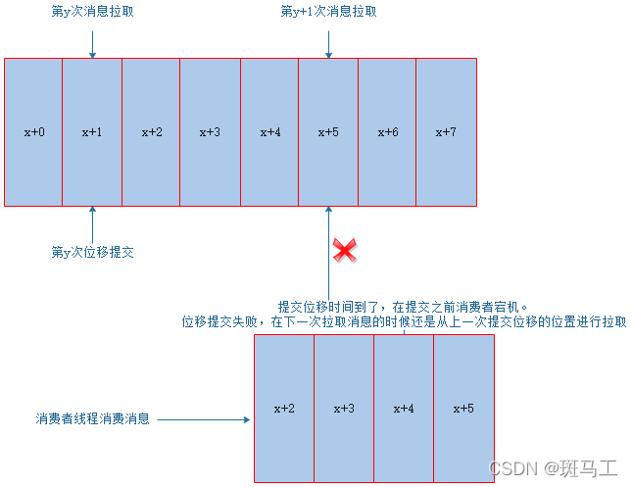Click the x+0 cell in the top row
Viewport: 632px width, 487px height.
(x=33, y=131)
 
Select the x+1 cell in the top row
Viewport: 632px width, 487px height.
(x=92, y=131)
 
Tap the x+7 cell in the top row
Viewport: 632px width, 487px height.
(x=446, y=131)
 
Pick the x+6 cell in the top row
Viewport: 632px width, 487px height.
(x=387, y=131)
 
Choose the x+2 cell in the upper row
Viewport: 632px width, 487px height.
(x=151, y=131)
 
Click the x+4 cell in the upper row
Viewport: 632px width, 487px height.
(x=269, y=131)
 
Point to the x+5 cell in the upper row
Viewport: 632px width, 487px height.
(x=328, y=131)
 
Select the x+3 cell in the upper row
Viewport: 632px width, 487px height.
(x=210, y=131)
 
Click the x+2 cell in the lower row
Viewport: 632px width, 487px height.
(x=284, y=408)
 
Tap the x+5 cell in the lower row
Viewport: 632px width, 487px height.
(x=463, y=408)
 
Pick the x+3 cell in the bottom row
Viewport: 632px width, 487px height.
(x=344, y=408)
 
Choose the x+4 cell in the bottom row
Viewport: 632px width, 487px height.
(x=404, y=408)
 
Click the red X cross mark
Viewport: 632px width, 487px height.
(x=344, y=250)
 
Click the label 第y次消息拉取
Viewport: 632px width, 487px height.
(x=92, y=12)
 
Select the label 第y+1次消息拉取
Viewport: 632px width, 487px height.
(x=328, y=12)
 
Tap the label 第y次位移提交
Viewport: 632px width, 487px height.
(x=92, y=252)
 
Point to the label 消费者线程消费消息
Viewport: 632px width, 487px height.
(x=92, y=418)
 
